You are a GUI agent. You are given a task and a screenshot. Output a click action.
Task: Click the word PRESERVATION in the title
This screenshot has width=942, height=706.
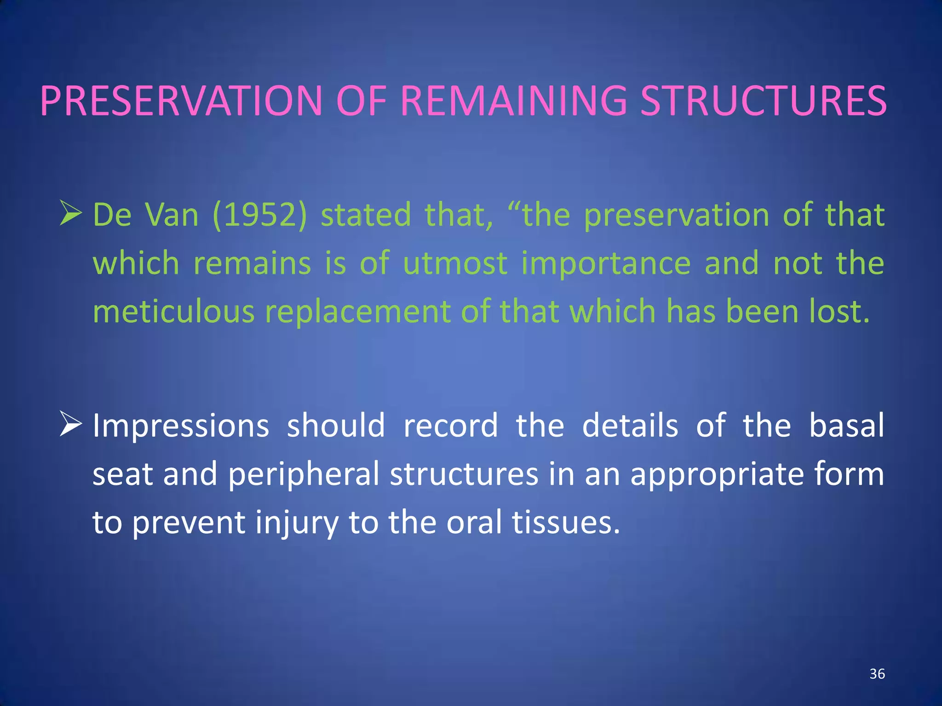tap(182, 101)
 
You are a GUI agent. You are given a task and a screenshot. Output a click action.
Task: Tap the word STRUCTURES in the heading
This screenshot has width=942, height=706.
tap(764, 101)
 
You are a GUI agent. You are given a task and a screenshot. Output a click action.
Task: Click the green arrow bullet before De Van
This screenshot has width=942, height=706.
tap(71, 214)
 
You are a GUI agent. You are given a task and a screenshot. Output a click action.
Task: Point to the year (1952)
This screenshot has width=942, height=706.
tap(259, 215)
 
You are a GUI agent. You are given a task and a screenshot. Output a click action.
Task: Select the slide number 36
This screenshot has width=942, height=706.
tap(877, 674)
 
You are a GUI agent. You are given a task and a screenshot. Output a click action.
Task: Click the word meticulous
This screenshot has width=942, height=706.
tap(174, 312)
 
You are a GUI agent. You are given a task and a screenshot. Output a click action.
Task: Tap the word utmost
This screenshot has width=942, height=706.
tap(455, 263)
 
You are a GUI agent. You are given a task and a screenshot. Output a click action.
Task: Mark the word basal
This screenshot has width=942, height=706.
tap(846, 425)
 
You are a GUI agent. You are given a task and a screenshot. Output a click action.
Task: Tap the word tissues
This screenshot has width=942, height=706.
tap(566, 523)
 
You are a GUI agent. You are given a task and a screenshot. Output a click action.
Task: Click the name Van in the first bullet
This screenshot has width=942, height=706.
tap(171, 215)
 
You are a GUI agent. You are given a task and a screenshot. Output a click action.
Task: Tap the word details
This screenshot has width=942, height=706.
tap(630, 425)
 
